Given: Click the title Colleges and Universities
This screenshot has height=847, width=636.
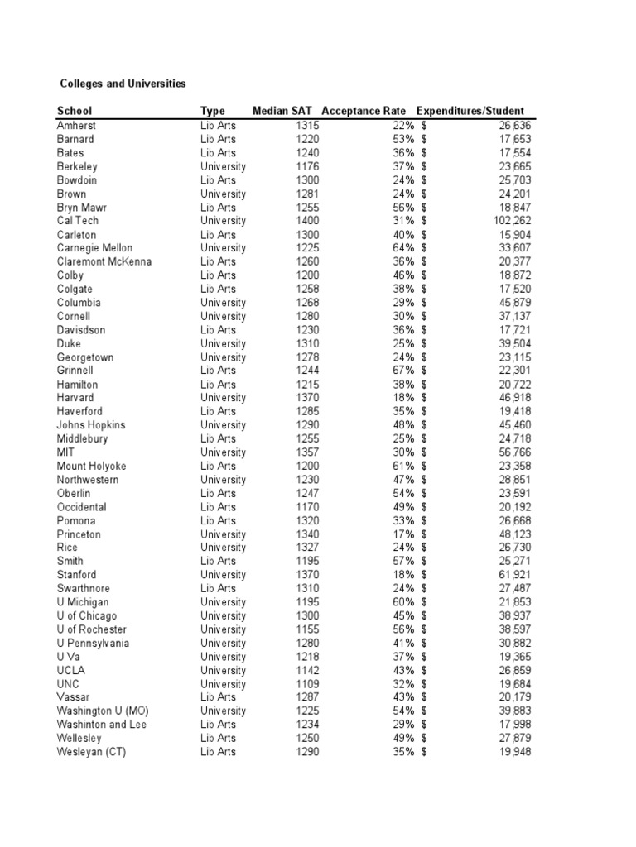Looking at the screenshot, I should click(x=122, y=84).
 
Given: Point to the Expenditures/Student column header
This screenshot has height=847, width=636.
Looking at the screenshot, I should click(x=470, y=111).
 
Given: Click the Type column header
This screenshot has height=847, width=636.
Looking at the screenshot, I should click(x=213, y=111).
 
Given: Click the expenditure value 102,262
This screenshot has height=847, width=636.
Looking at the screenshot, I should click(x=511, y=221).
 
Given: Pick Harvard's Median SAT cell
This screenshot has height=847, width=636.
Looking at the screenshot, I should click(x=306, y=398).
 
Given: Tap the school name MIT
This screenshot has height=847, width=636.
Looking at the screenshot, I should click(x=68, y=452).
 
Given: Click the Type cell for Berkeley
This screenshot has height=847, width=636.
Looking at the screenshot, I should click(x=223, y=166).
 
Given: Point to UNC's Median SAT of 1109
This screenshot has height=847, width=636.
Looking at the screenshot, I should click(x=306, y=684).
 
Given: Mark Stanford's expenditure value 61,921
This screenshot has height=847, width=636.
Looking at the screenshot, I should click(x=514, y=575).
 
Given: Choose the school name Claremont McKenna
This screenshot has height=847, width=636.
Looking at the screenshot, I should click(x=104, y=261).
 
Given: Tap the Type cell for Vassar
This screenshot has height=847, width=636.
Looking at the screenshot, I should click(x=218, y=697).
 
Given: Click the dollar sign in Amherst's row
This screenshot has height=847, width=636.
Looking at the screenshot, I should click(x=424, y=125).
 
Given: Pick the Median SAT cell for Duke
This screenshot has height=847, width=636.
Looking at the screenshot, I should click(x=306, y=343).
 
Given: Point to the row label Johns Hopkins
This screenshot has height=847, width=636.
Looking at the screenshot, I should click(x=91, y=425).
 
